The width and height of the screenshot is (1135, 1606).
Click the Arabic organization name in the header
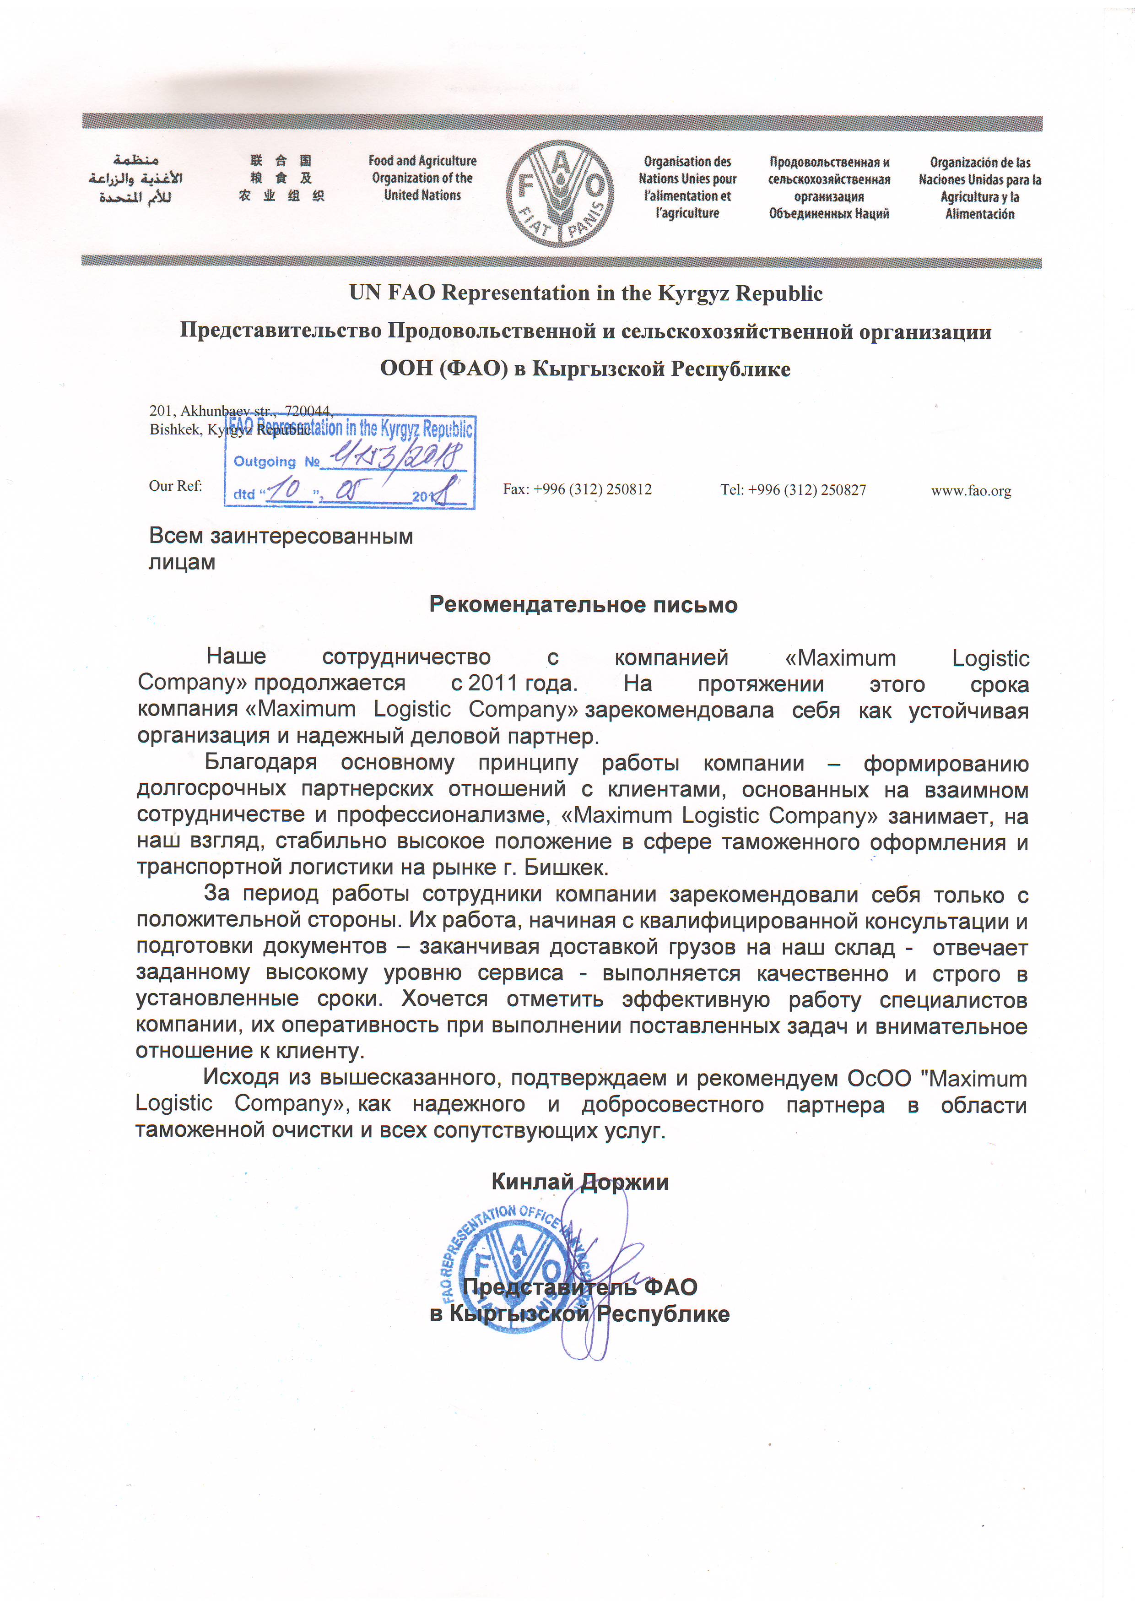[x=135, y=179]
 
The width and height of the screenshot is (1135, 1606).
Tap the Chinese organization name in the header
[x=281, y=179]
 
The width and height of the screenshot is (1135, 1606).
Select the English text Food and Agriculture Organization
[x=422, y=178]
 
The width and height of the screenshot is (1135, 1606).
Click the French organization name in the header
[x=687, y=187]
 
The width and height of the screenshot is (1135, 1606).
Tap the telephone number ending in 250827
[x=793, y=490]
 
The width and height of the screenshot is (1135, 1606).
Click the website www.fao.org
[x=971, y=490]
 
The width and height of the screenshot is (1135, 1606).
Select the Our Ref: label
[x=176, y=485]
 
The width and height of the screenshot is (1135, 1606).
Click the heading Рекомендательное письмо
[x=583, y=604]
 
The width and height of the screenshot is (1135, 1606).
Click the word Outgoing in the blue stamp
[x=265, y=461]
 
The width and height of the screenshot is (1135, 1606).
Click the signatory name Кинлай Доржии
[x=580, y=1182]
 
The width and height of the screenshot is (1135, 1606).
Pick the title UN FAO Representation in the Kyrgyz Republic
[x=585, y=293]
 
